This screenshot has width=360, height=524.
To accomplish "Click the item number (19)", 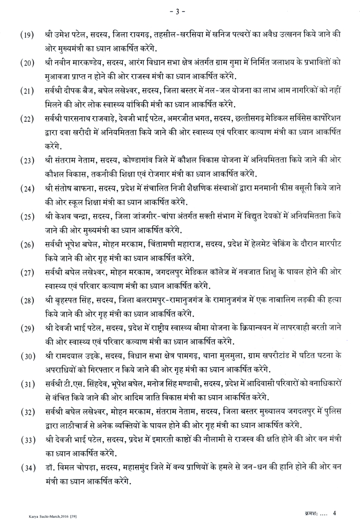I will point(27,36).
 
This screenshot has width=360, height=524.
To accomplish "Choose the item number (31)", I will point(27,384).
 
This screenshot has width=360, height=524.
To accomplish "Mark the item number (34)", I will point(27,467).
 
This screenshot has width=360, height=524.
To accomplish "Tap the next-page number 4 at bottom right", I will point(334,512).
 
